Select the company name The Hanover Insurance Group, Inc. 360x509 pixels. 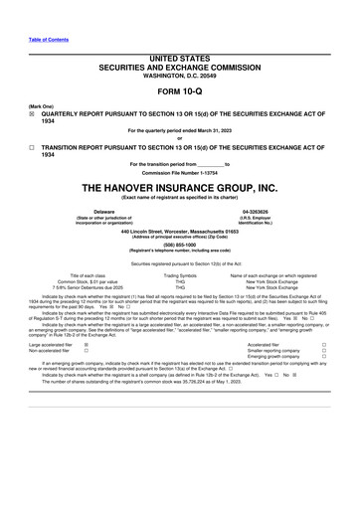click(x=179, y=187)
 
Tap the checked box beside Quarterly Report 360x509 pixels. click(x=32, y=114)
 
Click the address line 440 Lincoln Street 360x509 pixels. click(x=179, y=231)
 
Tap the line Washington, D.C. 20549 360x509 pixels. click(x=179, y=76)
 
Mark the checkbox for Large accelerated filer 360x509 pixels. click(x=86, y=344)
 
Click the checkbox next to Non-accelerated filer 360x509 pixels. click(x=86, y=351)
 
